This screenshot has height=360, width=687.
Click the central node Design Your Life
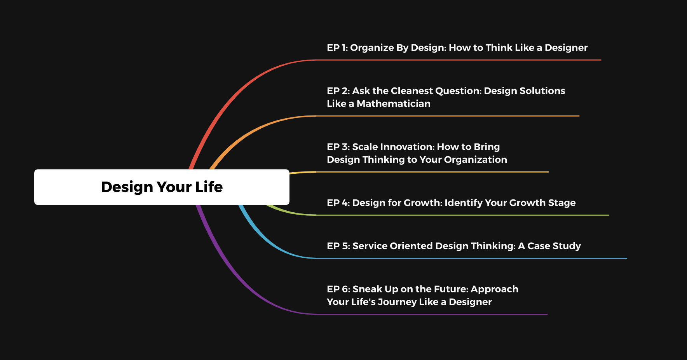coord(162,187)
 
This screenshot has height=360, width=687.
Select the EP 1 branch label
coord(457,48)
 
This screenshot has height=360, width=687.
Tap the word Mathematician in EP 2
coord(393,104)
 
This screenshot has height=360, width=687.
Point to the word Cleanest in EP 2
coord(412,91)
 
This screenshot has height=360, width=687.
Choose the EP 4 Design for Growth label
coord(451,203)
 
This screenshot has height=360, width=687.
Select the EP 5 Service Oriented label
coord(454,246)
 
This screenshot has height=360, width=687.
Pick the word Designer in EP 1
coord(566,48)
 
